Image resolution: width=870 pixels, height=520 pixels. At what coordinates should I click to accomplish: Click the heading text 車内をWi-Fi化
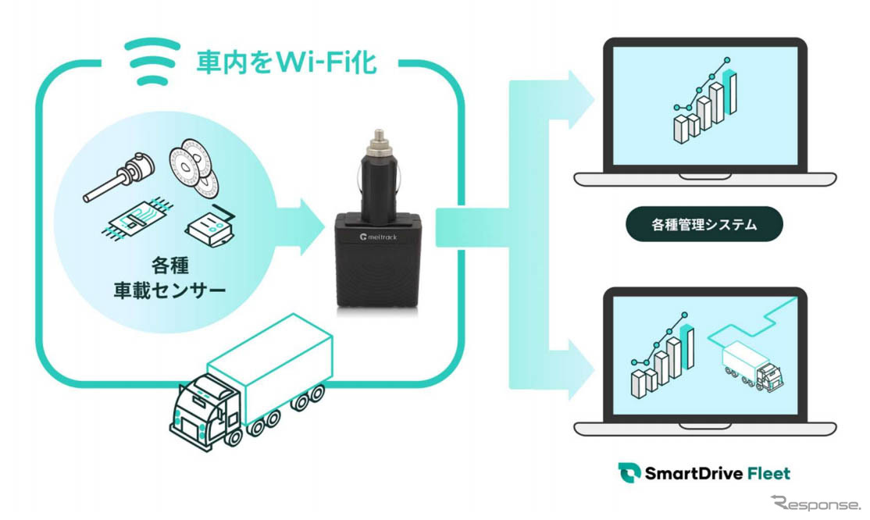286,62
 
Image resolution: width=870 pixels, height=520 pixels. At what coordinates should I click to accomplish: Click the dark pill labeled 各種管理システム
704,225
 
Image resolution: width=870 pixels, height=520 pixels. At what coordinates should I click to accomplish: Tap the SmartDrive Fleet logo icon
628,472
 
